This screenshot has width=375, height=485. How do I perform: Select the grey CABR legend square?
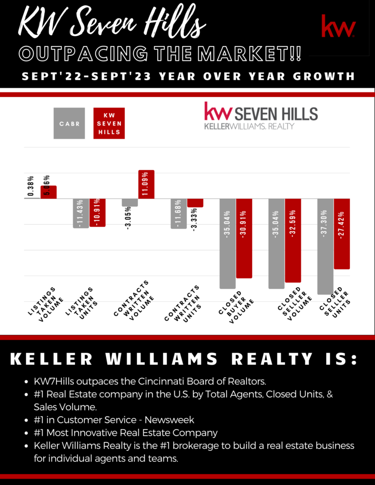coord(69,123)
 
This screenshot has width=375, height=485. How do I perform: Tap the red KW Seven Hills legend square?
coord(109,123)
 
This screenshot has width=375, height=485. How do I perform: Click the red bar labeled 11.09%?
coord(146,184)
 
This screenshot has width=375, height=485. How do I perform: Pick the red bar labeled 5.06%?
coord(48,192)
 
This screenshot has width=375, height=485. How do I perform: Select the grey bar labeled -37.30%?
coord(325,246)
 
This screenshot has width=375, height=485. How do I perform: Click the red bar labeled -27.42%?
coord(342,234)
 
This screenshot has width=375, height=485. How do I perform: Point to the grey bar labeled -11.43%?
coord(81,213)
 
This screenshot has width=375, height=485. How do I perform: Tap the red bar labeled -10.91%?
coord(97,213)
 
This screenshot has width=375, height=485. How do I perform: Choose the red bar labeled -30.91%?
coord(244,238)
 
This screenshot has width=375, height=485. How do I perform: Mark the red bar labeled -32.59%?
coord(293,241)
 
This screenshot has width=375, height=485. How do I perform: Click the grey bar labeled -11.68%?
coord(179,214)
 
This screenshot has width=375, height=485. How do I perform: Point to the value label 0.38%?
coord(31,187)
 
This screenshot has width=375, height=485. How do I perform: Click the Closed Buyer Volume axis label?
coord(235,307)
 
